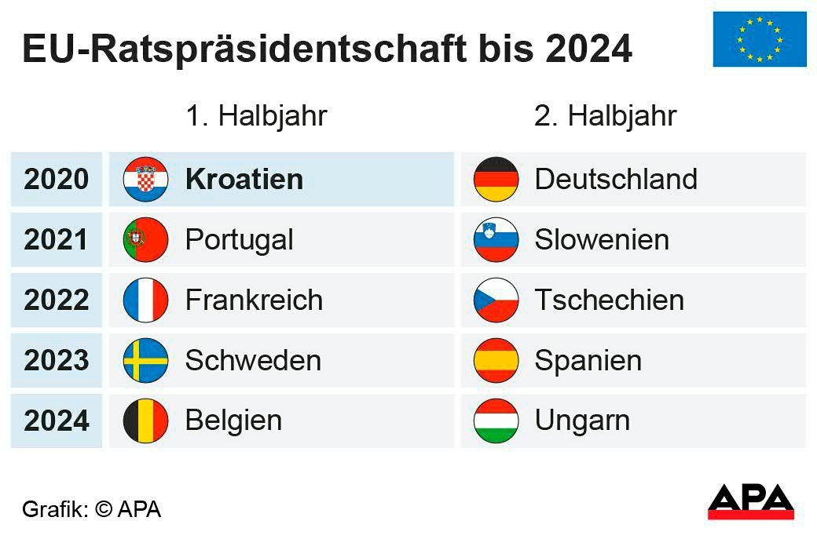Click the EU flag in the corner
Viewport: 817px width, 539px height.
[x=759, y=39]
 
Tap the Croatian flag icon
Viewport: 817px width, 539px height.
[x=145, y=180]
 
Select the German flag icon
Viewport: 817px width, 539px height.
[x=496, y=180]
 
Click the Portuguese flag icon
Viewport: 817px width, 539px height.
[x=145, y=240]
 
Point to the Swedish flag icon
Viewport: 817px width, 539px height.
[x=145, y=361]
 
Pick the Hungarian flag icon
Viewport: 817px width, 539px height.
[x=496, y=421]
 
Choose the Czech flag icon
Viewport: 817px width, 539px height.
[x=496, y=300]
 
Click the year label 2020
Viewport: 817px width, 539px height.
[x=57, y=180]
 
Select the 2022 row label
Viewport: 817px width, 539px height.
[x=57, y=300]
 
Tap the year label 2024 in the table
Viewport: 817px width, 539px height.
[x=57, y=421]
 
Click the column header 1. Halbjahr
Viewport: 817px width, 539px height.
[x=256, y=116]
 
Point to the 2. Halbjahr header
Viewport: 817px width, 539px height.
[x=605, y=116]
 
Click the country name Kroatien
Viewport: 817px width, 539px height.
[x=244, y=180]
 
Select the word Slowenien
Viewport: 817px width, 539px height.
[x=602, y=240]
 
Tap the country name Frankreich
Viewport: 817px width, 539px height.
[x=254, y=300]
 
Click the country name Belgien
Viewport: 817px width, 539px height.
[x=233, y=421]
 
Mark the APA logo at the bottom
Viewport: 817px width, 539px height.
[x=750, y=501]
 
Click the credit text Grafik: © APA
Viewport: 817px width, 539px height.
[x=91, y=509]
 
